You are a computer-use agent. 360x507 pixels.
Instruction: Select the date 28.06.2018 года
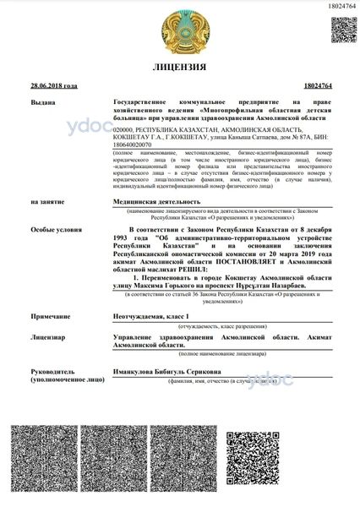tap(52, 87)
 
